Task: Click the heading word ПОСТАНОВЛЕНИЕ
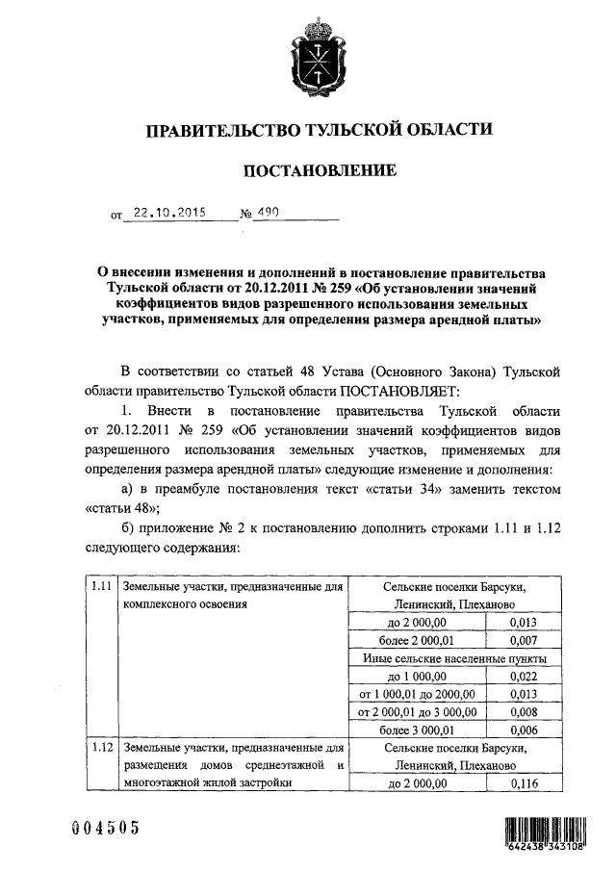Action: pos(318,171)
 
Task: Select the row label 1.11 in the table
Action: pos(100,587)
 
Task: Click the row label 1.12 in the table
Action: pos(100,747)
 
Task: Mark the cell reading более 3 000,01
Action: pos(416,730)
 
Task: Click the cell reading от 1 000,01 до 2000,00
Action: pos(416,695)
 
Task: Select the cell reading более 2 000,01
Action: pos(416,640)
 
